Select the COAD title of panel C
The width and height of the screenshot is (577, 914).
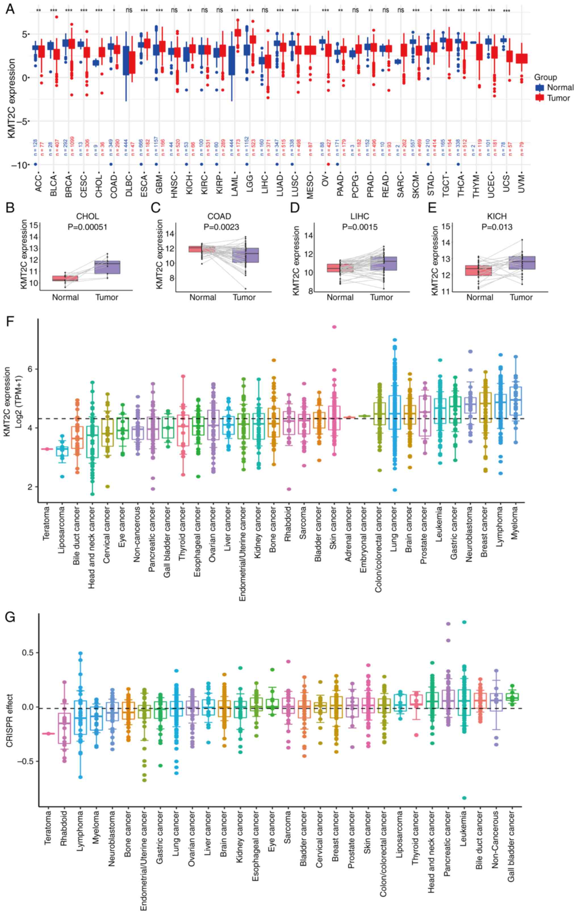(x=219, y=216)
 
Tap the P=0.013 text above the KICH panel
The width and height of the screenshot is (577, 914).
(x=497, y=227)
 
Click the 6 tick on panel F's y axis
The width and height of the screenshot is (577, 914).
(x=30, y=369)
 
